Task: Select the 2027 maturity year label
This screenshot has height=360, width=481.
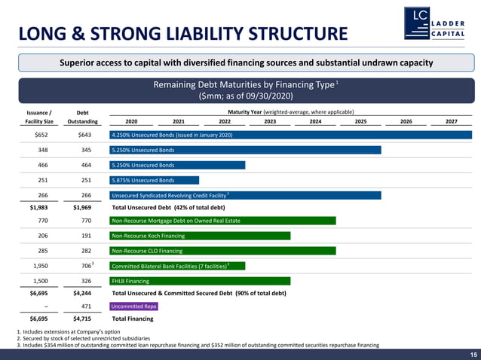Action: pyautogui.click(x=451, y=121)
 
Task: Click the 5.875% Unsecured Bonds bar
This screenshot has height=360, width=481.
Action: pyautogui.click(x=155, y=180)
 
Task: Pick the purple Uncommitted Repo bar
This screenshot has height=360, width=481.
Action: pyautogui.click(x=133, y=307)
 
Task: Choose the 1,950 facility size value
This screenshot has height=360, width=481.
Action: pyautogui.click(x=42, y=266)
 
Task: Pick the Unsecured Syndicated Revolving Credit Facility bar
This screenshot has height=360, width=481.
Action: pyautogui.click(x=245, y=195)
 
